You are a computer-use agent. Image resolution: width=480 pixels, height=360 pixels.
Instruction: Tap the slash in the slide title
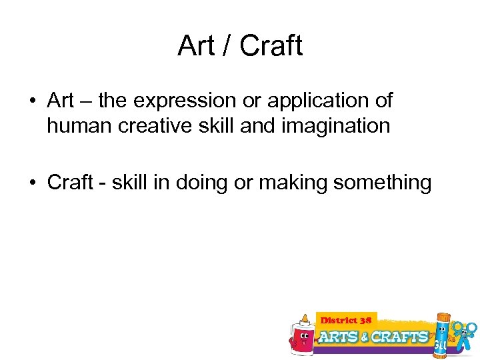click(226, 46)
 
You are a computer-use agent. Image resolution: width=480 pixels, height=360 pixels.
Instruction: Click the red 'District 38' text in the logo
click(347, 321)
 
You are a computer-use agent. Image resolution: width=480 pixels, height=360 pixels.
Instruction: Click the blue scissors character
click(465, 333)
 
